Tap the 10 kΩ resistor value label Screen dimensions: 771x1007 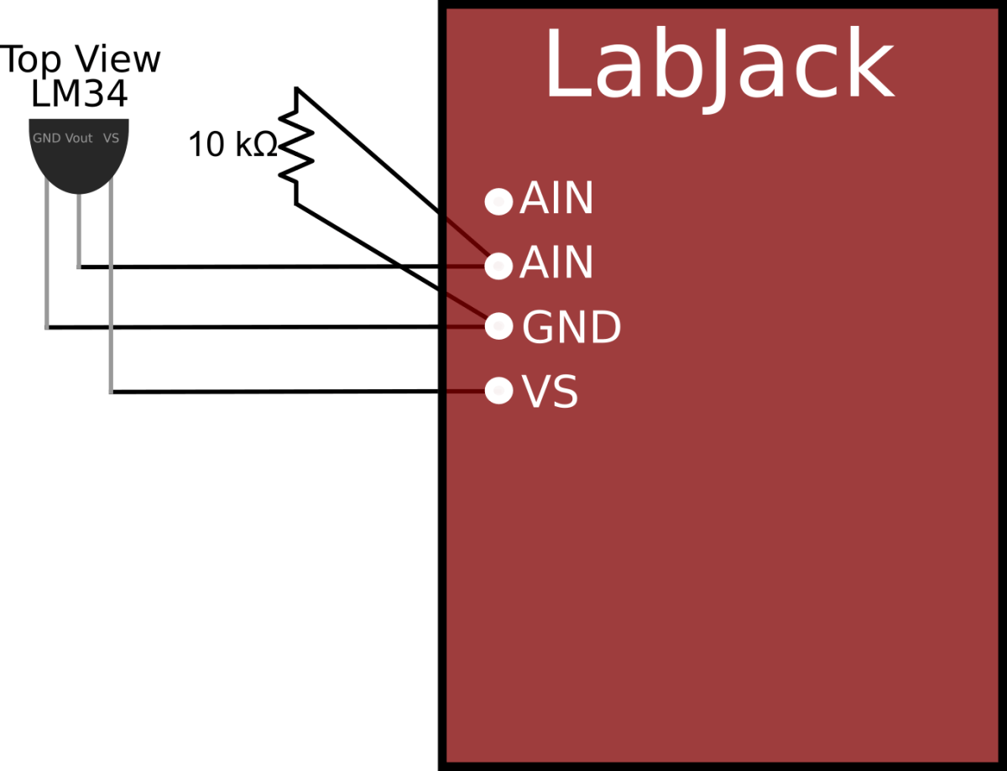231,145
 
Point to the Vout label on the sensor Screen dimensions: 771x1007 79,138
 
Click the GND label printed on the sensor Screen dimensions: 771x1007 46,138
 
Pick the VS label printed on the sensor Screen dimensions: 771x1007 111,138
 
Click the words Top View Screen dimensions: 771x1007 80,60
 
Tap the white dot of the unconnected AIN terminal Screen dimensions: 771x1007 498,201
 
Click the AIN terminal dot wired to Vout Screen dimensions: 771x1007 498,265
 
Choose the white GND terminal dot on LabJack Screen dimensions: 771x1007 498,326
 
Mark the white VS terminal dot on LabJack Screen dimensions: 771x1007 498,390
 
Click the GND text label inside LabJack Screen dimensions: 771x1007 571,328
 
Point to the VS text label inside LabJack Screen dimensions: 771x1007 550,392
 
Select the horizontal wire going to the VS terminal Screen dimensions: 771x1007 277,391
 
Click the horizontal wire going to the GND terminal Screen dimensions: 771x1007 252,326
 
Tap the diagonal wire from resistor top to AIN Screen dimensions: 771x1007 369,150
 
